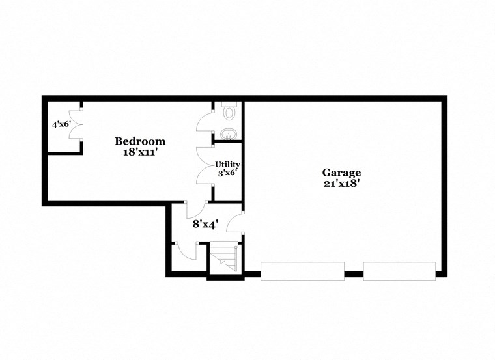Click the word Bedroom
click(140, 141)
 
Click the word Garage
click(341, 173)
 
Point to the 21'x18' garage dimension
click(341, 184)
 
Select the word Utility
click(228, 164)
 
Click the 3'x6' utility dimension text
click(228, 173)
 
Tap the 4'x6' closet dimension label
click(61, 124)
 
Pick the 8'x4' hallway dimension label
click(205, 223)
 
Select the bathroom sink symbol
click(228, 135)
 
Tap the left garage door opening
click(302, 271)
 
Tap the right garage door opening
click(399, 271)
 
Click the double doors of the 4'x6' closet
click(77, 128)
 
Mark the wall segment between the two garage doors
click(354, 274)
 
